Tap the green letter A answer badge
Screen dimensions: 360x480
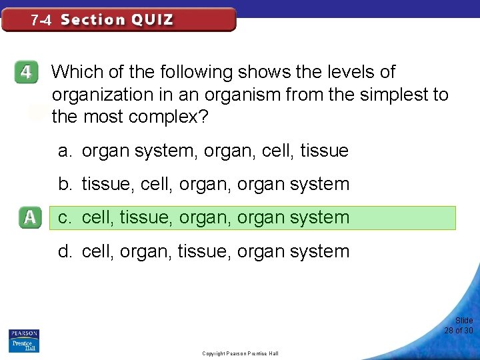pyautogui.click(x=31, y=218)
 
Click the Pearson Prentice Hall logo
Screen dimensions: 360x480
pyautogui.click(x=23, y=341)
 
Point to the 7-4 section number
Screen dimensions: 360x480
pyautogui.click(x=41, y=20)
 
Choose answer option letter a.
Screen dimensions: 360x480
pyautogui.click(x=64, y=151)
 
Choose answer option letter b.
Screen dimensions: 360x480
pyautogui.click(x=64, y=184)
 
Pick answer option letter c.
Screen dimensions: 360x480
pyautogui.click(x=64, y=218)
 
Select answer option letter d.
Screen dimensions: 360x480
pyautogui.click(x=64, y=251)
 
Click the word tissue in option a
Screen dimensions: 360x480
pyautogui.click(x=325, y=151)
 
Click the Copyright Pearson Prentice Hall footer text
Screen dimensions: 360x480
pyautogui.click(x=240, y=353)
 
